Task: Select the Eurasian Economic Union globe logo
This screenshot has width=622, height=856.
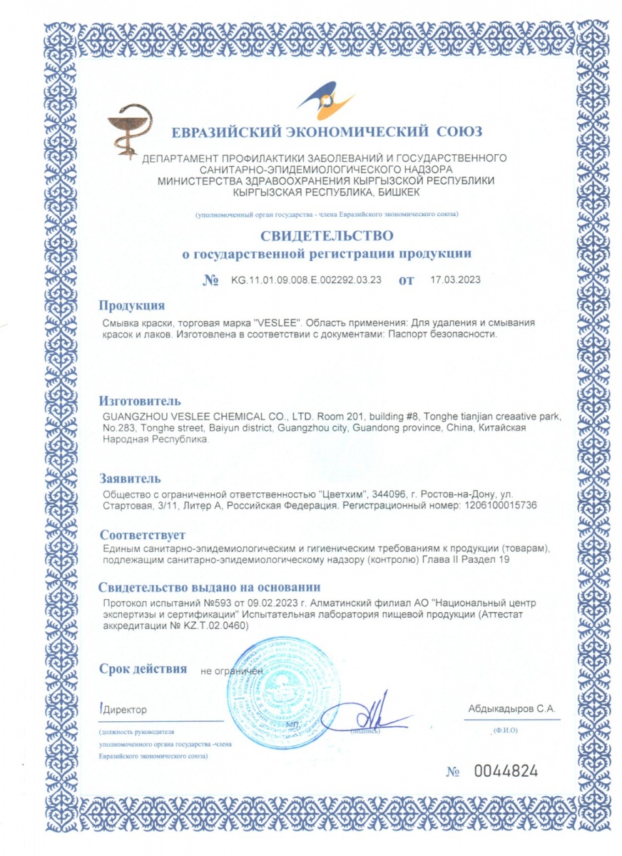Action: pyautogui.click(x=325, y=103)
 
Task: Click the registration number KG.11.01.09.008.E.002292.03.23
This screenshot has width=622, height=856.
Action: pyautogui.click(x=307, y=280)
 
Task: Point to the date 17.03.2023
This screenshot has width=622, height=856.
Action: pyautogui.click(x=456, y=280)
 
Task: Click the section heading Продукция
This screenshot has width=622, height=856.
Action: pyautogui.click(x=132, y=306)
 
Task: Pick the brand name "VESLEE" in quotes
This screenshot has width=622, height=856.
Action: pyautogui.click(x=304, y=323)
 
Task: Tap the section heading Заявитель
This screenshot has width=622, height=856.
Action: pyautogui.click(x=131, y=477)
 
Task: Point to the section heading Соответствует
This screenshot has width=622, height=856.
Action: pyautogui.click(x=142, y=534)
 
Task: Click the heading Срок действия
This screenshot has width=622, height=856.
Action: pyautogui.click(x=143, y=669)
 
